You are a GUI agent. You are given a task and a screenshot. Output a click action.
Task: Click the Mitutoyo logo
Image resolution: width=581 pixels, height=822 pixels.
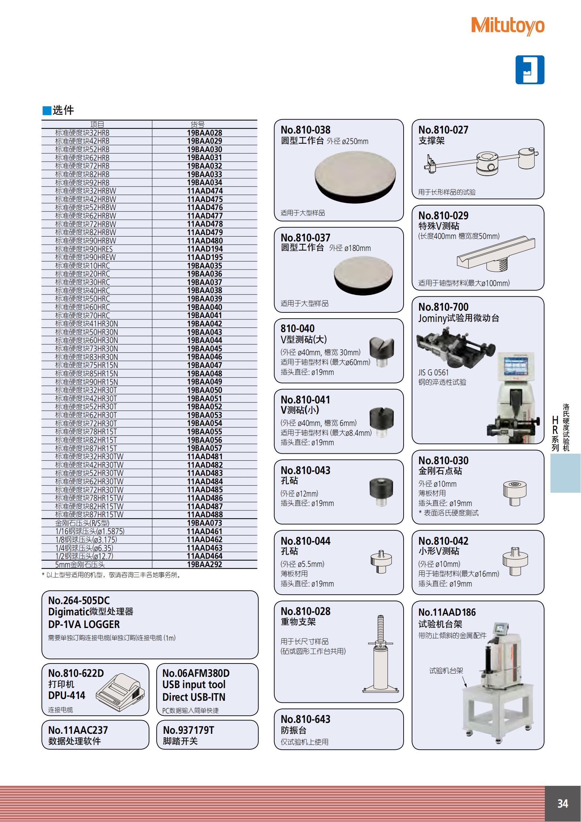508,26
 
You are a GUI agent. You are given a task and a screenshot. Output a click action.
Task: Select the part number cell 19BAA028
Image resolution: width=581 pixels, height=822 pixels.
204,133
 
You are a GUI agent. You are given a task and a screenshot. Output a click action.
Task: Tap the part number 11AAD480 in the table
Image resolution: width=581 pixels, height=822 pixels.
205,241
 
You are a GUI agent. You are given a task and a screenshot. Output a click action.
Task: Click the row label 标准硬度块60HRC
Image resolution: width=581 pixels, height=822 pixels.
82,307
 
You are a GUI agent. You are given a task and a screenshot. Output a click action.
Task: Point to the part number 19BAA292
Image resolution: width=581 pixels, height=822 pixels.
204,565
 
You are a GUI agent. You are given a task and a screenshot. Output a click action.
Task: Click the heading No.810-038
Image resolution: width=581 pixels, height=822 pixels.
305,130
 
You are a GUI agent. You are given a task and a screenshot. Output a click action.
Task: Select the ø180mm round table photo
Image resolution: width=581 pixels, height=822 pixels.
363,276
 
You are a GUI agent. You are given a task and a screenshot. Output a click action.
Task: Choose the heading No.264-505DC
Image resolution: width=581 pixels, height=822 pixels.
79,600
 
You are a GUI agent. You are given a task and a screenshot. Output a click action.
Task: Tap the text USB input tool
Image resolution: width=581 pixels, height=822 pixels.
194,685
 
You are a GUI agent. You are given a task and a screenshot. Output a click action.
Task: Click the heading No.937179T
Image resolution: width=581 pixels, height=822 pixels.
188,730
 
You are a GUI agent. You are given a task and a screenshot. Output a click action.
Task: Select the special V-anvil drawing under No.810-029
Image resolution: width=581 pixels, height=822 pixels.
496,254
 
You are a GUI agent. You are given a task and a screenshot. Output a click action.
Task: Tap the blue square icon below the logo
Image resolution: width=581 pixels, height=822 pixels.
529,70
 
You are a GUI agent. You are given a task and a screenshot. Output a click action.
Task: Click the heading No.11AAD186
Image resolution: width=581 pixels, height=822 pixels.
447,612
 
